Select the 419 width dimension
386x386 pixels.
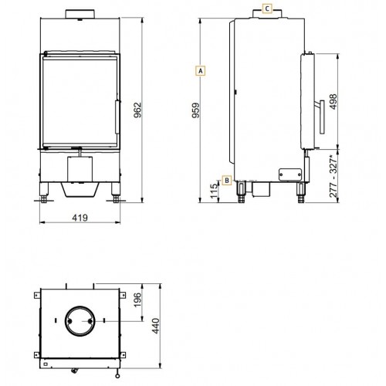click(80, 218)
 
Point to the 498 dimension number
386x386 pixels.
click(333, 104)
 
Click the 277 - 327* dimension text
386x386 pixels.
click(333, 178)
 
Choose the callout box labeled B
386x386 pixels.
click(226, 181)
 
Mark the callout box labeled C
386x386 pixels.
click(266, 9)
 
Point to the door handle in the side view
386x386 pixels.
click(317, 117)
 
